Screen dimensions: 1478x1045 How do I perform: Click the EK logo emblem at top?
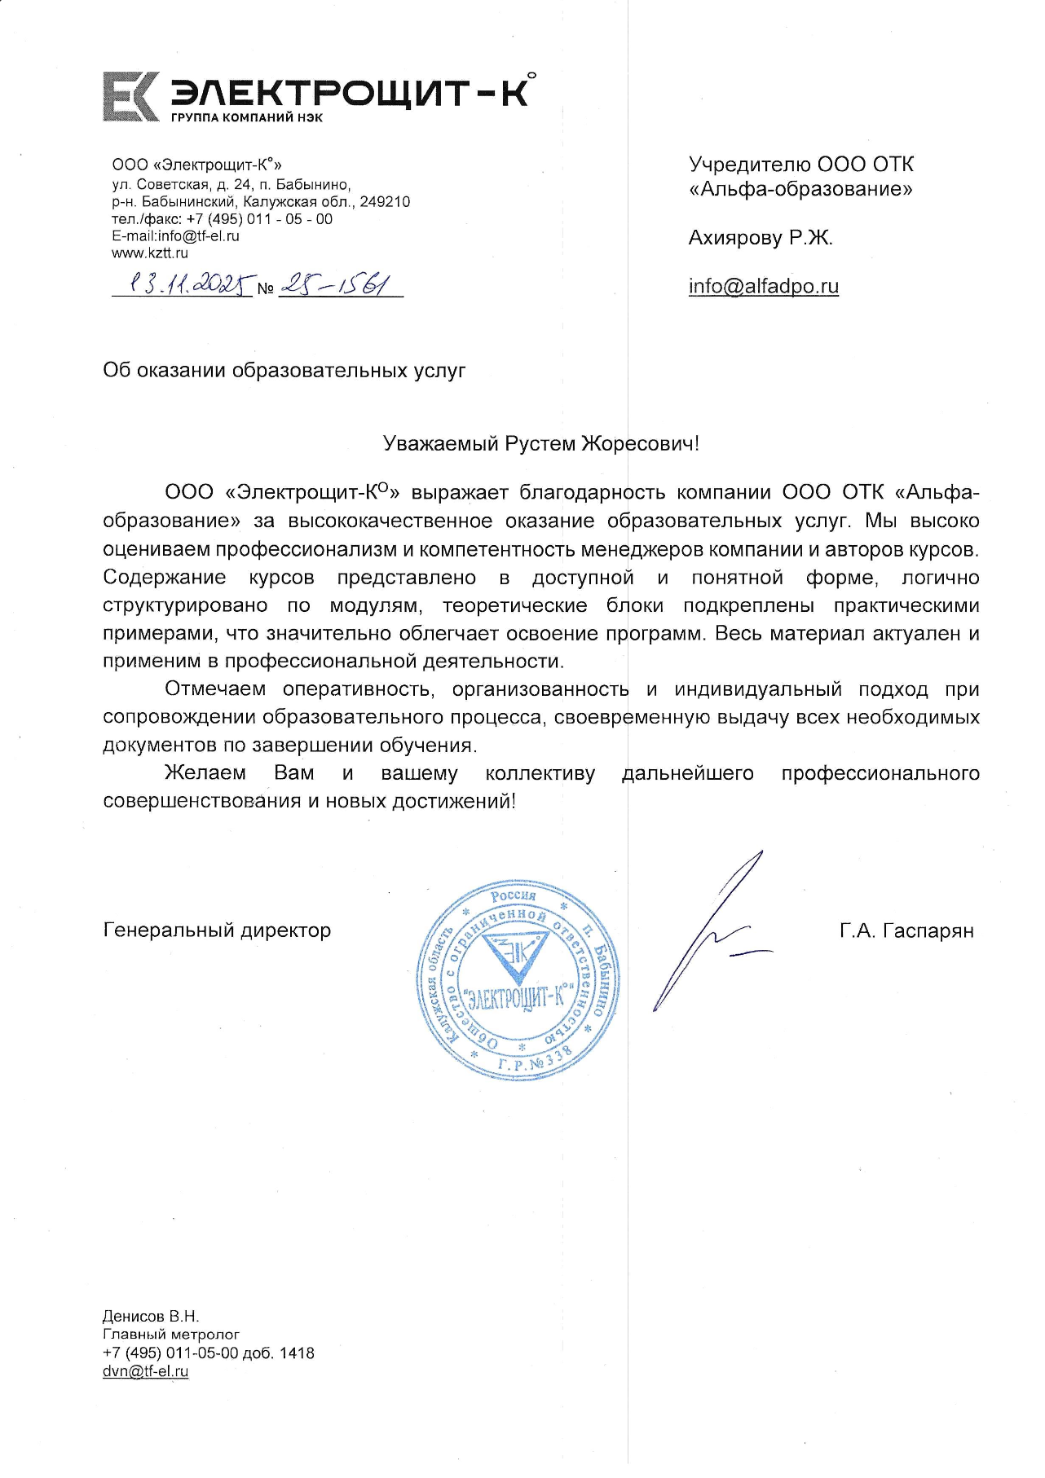(x=130, y=97)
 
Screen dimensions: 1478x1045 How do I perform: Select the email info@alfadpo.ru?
(x=763, y=286)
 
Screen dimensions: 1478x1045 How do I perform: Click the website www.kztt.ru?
(x=150, y=253)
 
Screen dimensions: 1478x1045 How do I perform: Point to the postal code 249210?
(x=384, y=202)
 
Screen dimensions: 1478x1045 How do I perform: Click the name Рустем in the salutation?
(x=540, y=444)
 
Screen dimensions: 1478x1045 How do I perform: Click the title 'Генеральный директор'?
(x=217, y=930)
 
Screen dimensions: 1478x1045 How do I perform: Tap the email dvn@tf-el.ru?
(x=145, y=1371)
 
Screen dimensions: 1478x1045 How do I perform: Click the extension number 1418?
(x=297, y=1353)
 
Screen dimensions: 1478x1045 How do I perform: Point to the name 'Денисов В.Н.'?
(x=151, y=1317)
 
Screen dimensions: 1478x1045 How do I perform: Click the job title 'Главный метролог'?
(x=171, y=1335)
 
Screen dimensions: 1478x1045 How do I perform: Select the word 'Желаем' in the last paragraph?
(x=205, y=773)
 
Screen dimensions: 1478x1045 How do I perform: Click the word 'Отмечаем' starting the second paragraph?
(x=215, y=689)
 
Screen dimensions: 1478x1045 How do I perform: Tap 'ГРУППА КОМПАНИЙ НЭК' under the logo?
(x=246, y=117)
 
